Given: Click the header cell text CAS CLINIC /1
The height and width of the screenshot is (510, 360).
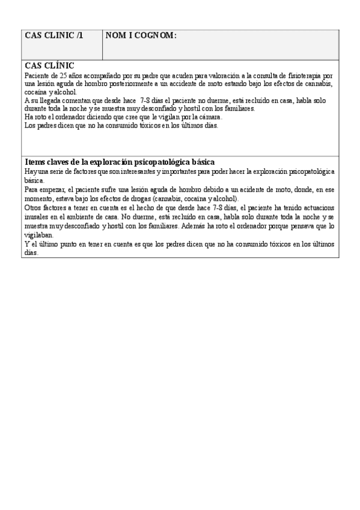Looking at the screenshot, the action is point(54,36).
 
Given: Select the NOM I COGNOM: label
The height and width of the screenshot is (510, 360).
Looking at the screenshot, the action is point(141,36).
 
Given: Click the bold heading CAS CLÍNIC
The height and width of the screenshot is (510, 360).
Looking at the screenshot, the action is point(50,66).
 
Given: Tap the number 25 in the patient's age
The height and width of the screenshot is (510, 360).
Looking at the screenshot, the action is point(65,76).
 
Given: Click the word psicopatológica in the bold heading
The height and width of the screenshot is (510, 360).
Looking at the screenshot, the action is point(162,162).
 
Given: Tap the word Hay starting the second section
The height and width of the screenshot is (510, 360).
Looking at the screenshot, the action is point(30,171).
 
